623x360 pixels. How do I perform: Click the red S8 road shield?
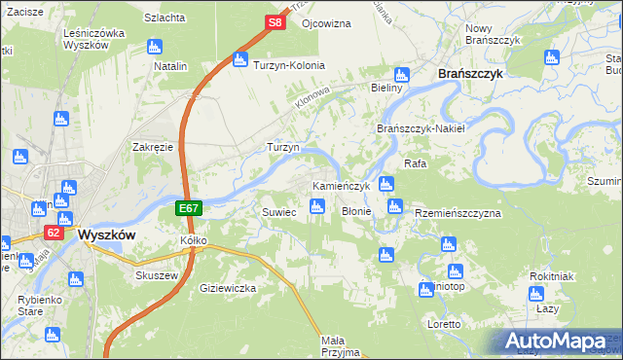point(275,21)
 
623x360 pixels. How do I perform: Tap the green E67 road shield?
point(190,208)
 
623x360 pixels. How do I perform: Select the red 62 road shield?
point(54,234)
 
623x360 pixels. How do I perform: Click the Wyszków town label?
point(105,234)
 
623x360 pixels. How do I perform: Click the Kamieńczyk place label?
point(341,186)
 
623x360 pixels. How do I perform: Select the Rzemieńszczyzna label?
point(458,212)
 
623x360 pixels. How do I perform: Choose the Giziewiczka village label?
point(227,288)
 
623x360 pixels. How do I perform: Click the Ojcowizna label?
point(325,21)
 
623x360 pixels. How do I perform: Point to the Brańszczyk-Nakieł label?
point(421,128)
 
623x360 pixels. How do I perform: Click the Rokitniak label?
point(551,276)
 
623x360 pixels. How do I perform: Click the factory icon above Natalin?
point(154,47)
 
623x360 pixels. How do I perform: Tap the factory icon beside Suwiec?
point(316,206)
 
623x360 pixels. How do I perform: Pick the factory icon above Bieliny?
point(400,75)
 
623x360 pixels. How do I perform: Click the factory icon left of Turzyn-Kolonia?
point(239,61)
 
